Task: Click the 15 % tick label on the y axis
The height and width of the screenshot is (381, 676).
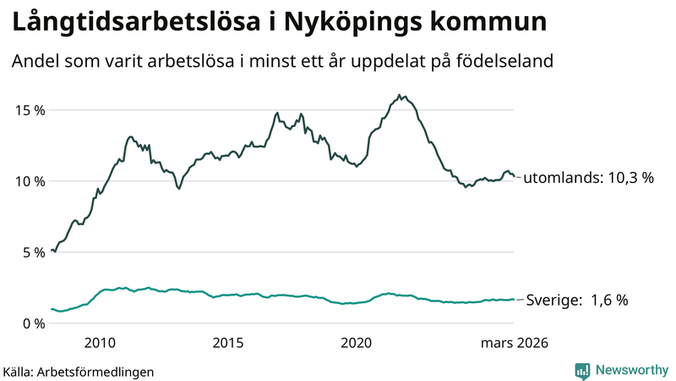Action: pyautogui.click(x=28, y=110)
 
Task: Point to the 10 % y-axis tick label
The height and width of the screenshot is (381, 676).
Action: pyautogui.click(x=28, y=181)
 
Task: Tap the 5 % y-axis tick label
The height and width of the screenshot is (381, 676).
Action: pyautogui.click(x=32, y=252)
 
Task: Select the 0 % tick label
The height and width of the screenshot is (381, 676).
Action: pyautogui.click(x=32, y=323)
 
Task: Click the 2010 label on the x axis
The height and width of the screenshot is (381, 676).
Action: pyautogui.click(x=100, y=343)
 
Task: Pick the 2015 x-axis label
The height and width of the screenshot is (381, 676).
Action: pyautogui.click(x=228, y=343)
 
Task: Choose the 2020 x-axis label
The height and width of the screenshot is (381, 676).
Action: pyautogui.click(x=356, y=343)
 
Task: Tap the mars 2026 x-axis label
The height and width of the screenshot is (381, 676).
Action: pyautogui.click(x=515, y=343)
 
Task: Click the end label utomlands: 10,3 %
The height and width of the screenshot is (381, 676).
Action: pyautogui.click(x=589, y=179)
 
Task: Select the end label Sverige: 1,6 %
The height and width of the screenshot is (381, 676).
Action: pyautogui.click(x=577, y=300)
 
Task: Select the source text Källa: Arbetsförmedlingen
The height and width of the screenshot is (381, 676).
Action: pyautogui.click(x=79, y=372)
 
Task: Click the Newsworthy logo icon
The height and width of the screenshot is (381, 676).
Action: pyautogui.click(x=582, y=370)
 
